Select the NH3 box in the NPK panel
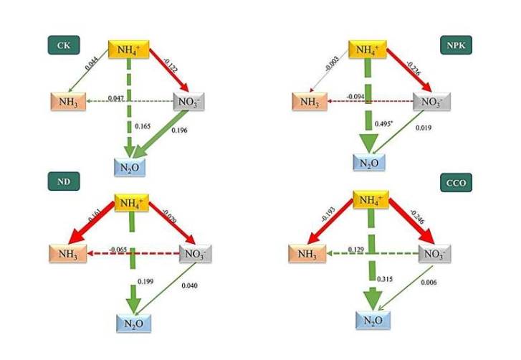308,103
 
